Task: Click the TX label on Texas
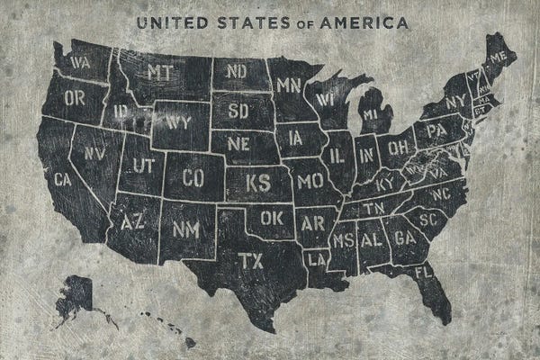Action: (250, 261)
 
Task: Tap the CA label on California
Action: (62, 179)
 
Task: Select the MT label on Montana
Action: (160, 71)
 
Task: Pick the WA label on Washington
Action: (79, 63)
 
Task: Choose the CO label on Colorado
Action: (193, 177)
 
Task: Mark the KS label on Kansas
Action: (258, 183)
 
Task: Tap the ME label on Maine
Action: (499, 57)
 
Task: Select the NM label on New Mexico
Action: (185, 229)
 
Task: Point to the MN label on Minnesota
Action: (288, 86)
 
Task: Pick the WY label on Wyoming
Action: (177, 121)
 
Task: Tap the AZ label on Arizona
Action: (133, 220)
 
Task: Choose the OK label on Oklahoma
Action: (271, 218)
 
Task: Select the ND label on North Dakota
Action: (237, 71)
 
